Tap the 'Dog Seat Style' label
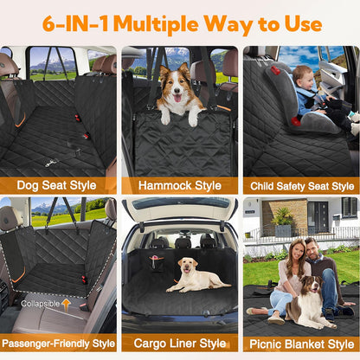click(x=58, y=185)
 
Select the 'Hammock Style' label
click(x=179, y=185)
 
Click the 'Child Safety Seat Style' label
click(x=300, y=185)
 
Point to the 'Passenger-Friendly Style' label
click(x=59, y=344)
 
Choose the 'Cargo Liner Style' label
click(x=179, y=344)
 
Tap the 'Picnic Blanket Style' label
click(x=300, y=344)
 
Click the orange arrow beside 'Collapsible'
click(x=66, y=304)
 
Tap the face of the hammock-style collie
click(x=177, y=89)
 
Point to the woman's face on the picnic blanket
click(x=292, y=250)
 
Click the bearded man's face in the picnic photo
click(x=312, y=247)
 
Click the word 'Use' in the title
click(x=299, y=23)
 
